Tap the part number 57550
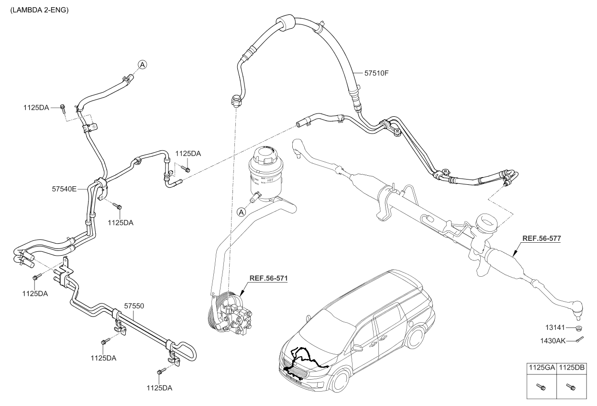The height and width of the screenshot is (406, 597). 134,304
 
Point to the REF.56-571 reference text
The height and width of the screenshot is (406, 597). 269,278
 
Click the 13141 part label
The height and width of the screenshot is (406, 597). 557,328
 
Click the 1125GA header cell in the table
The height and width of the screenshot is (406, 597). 542,368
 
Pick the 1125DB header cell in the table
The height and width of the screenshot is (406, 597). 572,368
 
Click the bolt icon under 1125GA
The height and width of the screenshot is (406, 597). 542,386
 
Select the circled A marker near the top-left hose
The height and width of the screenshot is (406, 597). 142,64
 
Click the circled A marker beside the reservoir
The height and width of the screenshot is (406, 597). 242,212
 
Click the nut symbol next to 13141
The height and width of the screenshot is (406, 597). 577,328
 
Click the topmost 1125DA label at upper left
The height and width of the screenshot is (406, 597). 36,108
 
